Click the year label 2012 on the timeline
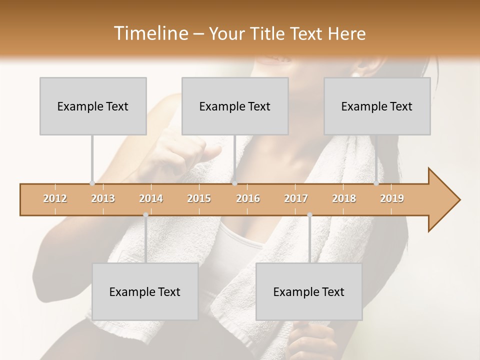point(55,198)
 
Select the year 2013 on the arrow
point(103,198)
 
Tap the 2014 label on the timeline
point(151,198)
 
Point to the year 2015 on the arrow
point(199,198)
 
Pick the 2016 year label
point(248,198)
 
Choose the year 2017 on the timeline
point(296,198)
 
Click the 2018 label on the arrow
point(344,198)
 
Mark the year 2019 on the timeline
point(392,198)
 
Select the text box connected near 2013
point(93,106)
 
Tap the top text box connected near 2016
point(235,106)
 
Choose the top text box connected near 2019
point(377,106)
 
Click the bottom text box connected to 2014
point(145,291)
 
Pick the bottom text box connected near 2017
point(309,291)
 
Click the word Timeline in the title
point(150,33)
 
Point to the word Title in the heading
point(268,33)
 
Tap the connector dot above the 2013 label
point(92,183)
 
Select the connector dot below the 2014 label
point(145,215)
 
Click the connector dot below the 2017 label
point(309,215)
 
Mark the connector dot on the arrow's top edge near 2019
point(376,183)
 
